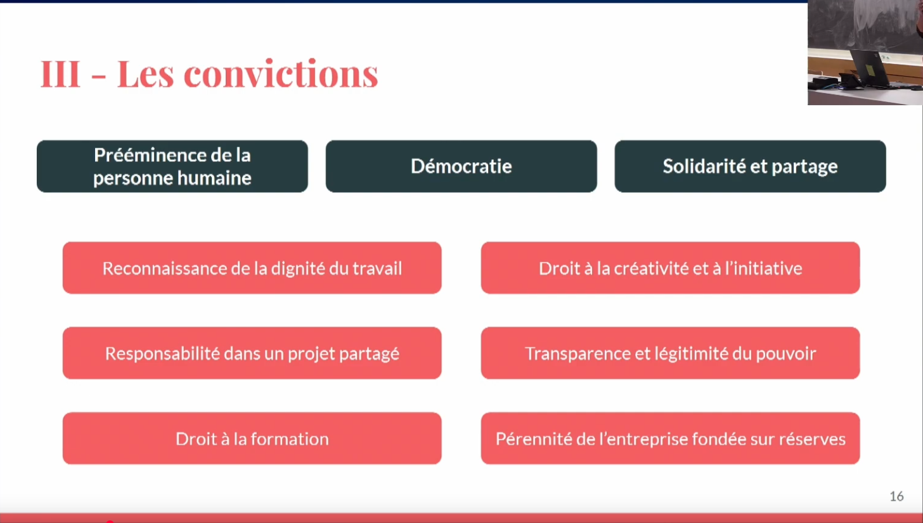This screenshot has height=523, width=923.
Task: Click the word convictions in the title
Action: (x=281, y=74)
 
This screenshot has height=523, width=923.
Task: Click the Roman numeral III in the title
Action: (x=60, y=74)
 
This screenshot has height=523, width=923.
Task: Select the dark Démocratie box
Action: (x=461, y=166)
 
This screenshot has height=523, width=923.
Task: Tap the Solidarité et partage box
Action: (x=750, y=166)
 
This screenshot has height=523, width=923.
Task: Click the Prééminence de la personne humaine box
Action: (x=172, y=166)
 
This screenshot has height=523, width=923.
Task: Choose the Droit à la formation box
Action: (x=252, y=438)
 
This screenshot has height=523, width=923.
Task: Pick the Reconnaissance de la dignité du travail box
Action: (x=252, y=268)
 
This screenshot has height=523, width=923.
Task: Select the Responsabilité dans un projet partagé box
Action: (x=252, y=353)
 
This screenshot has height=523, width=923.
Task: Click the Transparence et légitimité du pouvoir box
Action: (x=671, y=353)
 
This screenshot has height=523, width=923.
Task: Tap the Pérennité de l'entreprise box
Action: (x=671, y=438)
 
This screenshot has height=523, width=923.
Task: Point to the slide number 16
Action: (x=896, y=496)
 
